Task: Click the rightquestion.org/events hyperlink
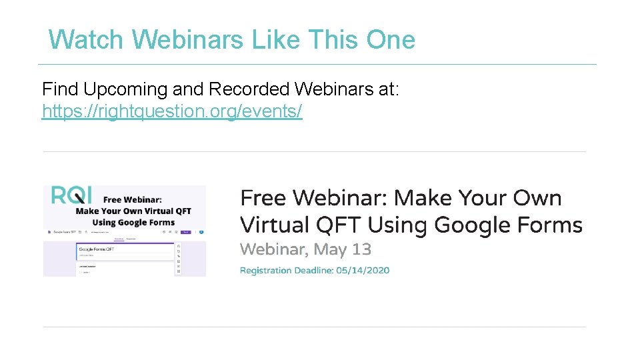click(x=172, y=111)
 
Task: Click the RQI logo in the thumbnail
click(x=69, y=195)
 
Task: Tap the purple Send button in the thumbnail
click(x=186, y=232)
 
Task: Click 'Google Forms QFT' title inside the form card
click(x=97, y=249)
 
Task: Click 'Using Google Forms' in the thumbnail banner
click(x=133, y=223)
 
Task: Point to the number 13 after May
click(x=362, y=250)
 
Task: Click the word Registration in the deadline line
click(x=265, y=271)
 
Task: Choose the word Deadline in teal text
click(x=313, y=271)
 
